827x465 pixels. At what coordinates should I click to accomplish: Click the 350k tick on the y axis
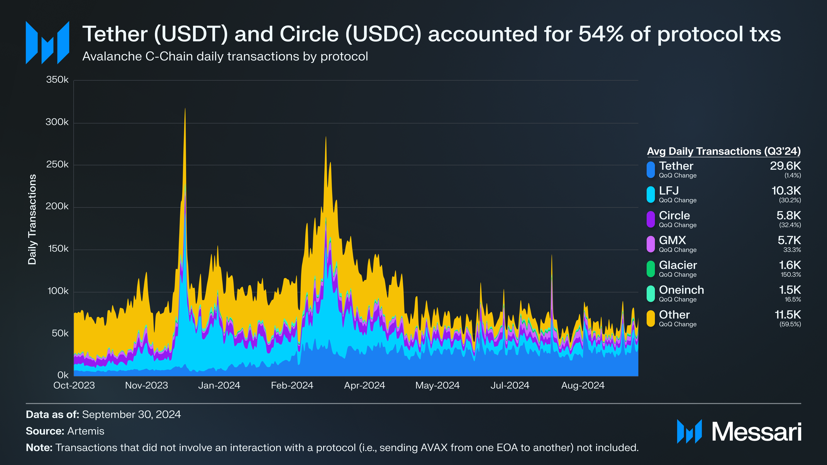pos(57,80)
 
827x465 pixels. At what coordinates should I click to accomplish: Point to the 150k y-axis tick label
pos(57,249)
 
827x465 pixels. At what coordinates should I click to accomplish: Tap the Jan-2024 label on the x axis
pos(219,385)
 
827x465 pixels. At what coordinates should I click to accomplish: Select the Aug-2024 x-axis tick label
pos(583,385)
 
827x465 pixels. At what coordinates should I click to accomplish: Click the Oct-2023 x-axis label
pos(74,385)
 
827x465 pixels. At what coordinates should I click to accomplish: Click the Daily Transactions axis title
pos(32,219)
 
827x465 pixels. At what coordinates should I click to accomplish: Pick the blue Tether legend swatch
pos(651,170)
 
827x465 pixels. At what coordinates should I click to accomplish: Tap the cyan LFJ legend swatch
pos(651,194)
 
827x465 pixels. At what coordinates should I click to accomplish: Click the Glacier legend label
pos(678,265)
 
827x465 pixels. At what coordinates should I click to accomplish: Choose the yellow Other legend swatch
pos(651,318)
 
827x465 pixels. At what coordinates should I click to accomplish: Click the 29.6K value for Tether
pos(785,166)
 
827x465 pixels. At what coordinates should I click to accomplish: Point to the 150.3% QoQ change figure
pos(791,275)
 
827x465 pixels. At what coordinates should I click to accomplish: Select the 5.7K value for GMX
pos(789,240)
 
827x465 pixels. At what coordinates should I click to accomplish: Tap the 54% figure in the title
pos(601,34)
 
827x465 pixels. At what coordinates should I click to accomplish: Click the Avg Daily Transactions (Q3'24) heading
pos(724,151)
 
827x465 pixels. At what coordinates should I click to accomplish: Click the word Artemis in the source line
pos(86,431)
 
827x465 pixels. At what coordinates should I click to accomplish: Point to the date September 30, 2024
pos(131,414)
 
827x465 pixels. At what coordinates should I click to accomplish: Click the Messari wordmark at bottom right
pos(756,432)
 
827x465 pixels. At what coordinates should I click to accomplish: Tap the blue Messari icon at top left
pos(47,43)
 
